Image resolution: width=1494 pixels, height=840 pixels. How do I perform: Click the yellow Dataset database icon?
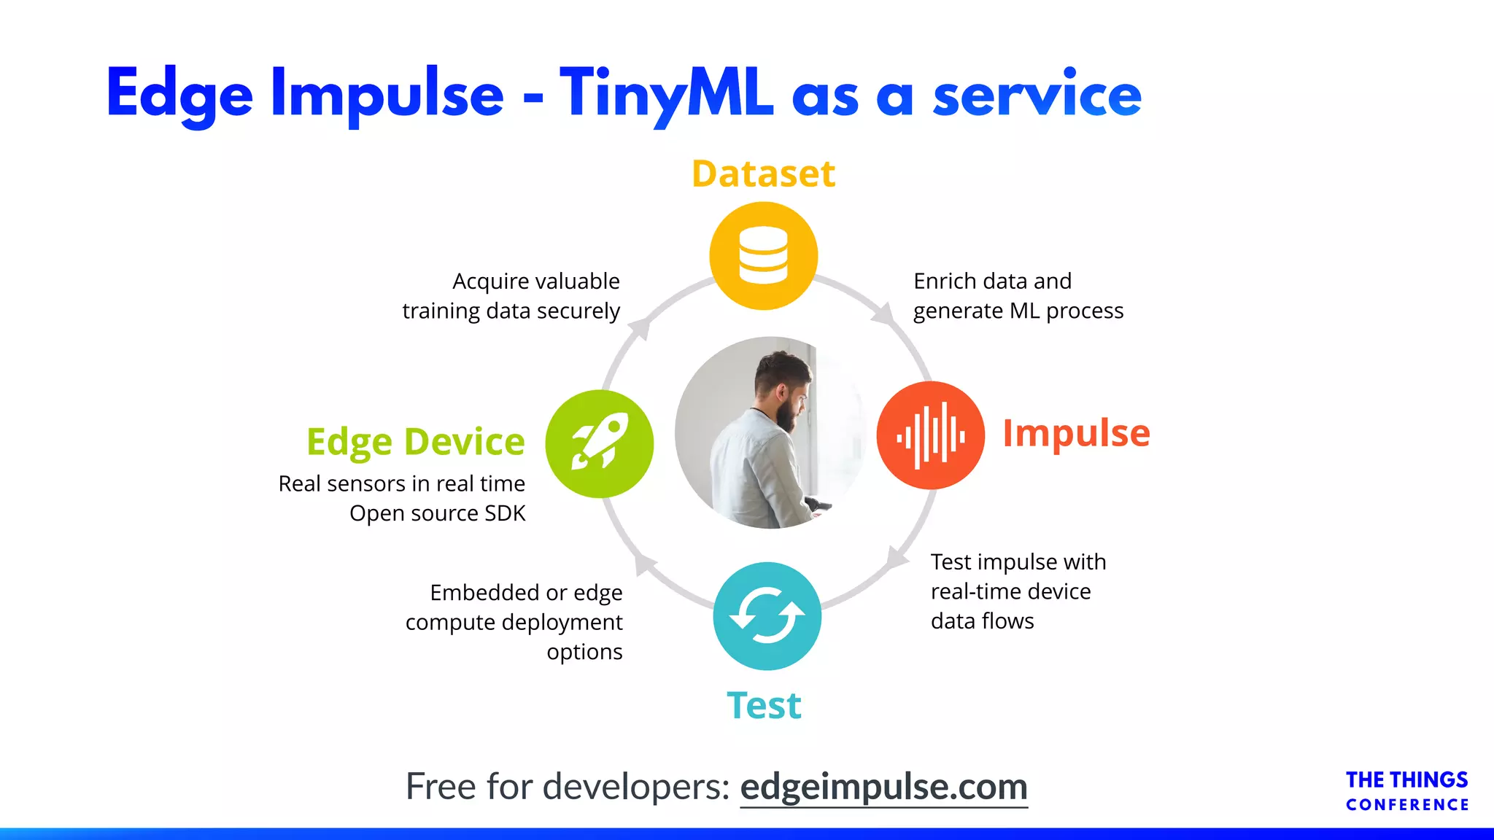[763, 256]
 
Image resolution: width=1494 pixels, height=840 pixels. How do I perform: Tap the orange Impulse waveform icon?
[930, 435]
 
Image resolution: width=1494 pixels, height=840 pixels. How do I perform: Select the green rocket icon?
[600, 443]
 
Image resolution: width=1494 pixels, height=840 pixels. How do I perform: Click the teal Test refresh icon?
[767, 616]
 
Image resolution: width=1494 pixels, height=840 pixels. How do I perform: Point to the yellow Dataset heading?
[763, 174]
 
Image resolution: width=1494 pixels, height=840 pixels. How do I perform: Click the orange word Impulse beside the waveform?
[1076, 433]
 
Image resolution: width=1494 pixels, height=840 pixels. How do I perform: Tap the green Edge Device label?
[415, 442]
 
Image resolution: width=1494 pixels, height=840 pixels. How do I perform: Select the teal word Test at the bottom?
[764, 706]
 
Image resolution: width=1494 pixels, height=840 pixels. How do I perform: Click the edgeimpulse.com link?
[883, 787]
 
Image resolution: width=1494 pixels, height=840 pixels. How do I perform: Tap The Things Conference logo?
[1406, 790]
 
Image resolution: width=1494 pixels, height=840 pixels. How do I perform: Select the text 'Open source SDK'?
[437, 513]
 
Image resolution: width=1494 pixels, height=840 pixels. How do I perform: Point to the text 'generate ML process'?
[1018, 311]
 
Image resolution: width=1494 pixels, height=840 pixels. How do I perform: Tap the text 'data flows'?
[982, 621]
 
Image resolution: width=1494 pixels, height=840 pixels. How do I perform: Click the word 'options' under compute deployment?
[584, 652]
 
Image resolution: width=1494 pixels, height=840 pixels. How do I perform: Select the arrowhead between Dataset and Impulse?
[884, 314]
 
